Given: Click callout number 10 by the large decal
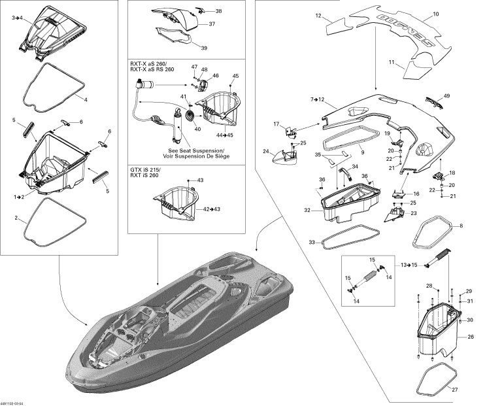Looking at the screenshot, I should tap(436, 14).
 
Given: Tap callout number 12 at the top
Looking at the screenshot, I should tap(318, 14).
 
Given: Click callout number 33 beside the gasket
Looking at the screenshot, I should tap(312, 243).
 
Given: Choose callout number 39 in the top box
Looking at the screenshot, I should tap(204, 48).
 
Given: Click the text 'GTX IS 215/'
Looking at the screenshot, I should tap(146, 170).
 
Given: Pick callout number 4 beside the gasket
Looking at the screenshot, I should tap(85, 99).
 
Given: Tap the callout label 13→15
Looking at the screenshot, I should tap(409, 265).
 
